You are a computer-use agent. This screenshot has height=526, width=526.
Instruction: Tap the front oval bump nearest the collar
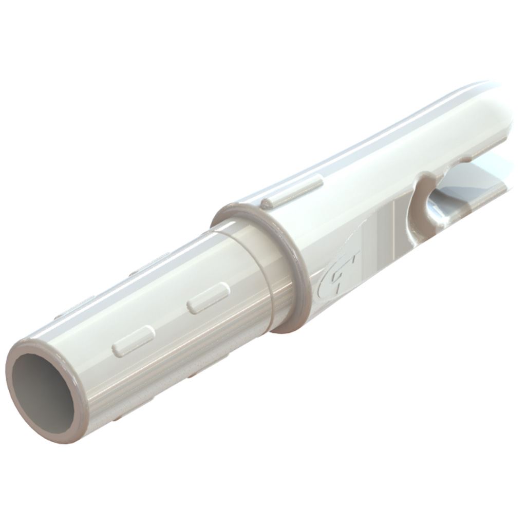click(208, 298)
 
